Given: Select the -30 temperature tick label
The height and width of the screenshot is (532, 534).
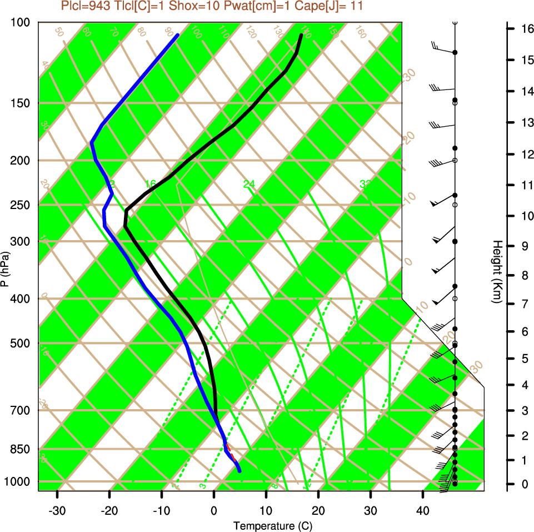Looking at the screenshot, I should click(x=57, y=510).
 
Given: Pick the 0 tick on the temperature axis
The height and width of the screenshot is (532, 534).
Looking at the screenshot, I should click(x=214, y=510).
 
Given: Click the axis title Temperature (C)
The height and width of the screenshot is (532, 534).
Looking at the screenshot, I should click(x=269, y=525).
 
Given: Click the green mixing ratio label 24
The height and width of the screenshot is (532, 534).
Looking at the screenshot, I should click(x=248, y=183).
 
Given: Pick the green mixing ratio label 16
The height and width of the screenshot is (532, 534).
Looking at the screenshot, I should click(x=149, y=183).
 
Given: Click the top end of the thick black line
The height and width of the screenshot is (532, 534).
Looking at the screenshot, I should click(x=301, y=36).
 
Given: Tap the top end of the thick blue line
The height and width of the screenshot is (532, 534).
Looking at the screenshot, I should click(x=177, y=36).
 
